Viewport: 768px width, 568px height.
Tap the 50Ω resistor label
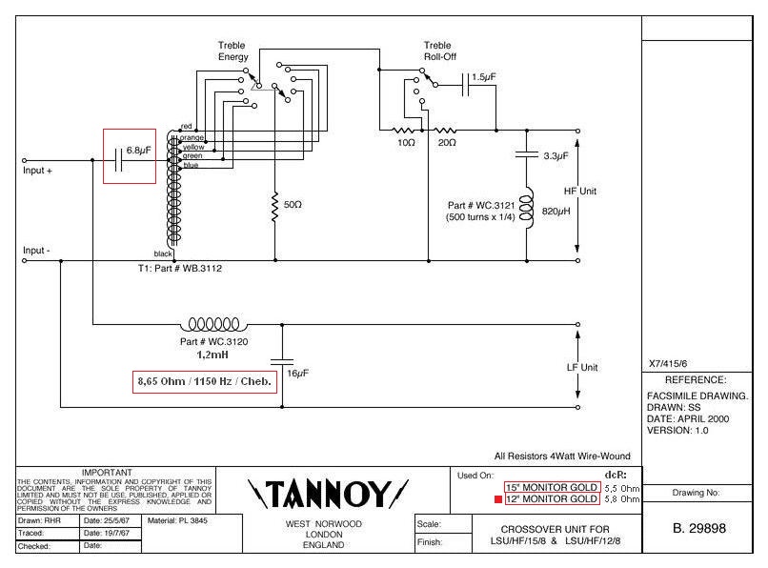click(x=293, y=205)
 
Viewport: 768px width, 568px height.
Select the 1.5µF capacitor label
click(x=483, y=76)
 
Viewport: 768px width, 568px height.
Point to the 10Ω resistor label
click(x=406, y=142)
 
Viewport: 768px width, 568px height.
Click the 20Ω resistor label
click(x=446, y=142)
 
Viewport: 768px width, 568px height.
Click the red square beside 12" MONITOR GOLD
click(x=499, y=499)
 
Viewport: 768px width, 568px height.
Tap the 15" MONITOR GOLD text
click(x=553, y=487)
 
